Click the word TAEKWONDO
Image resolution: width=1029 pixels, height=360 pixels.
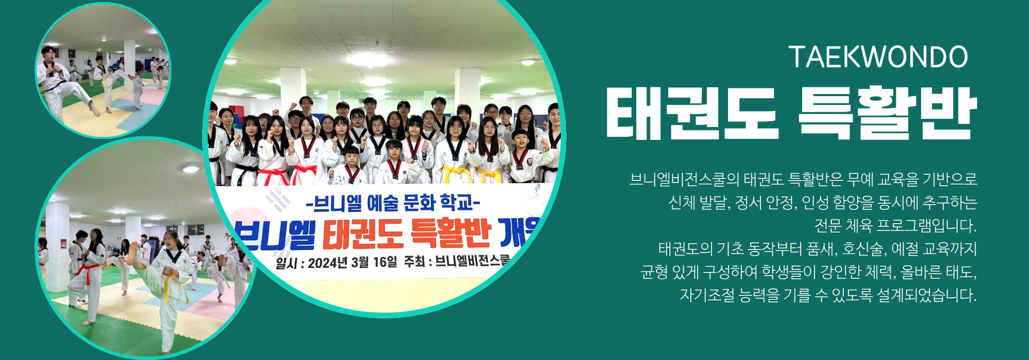[878, 57]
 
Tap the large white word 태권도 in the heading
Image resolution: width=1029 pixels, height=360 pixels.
[692, 113]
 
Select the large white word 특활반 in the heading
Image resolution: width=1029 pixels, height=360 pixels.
[888, 113]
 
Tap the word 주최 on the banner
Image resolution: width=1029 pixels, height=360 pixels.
[414, 262]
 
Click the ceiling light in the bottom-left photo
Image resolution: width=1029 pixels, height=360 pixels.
[190, 169]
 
